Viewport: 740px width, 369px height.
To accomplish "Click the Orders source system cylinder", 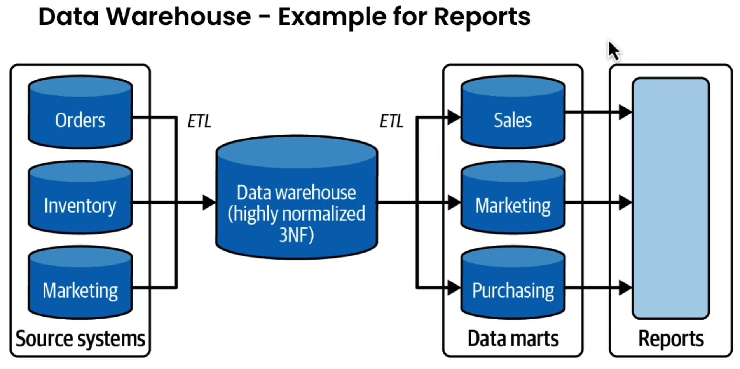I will [80, 113].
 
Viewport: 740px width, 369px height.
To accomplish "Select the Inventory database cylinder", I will [80, 198].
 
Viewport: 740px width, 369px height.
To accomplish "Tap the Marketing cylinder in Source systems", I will [80, 283].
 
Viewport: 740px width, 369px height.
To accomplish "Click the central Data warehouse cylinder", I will [297, 198].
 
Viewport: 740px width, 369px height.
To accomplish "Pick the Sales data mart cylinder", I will [513, 113].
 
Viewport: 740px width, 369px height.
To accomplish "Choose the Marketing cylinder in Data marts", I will [513, 198].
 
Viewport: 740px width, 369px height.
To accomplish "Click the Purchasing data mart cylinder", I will [513, 283].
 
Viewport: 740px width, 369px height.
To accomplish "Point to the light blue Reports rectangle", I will [671, 198].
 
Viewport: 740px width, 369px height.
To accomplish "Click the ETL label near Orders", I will [199, 121].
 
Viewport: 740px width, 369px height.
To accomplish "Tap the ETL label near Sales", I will [391, 121].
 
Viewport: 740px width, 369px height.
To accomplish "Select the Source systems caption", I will [80, 339].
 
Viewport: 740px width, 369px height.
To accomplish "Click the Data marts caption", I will [513, 339].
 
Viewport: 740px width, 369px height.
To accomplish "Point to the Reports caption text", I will [671, 339].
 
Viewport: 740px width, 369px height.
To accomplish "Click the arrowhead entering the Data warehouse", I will [209, 203].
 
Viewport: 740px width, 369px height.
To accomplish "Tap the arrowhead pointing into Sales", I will [454, 117].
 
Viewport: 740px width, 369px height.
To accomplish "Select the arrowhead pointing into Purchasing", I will [454, 288].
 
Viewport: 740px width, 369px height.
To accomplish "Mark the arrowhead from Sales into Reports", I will [625, 112].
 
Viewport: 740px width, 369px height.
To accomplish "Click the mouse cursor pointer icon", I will [613, 50].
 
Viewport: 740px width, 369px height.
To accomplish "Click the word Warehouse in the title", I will [179, 17].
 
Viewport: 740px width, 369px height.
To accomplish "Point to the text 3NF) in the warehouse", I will [296, 235].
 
